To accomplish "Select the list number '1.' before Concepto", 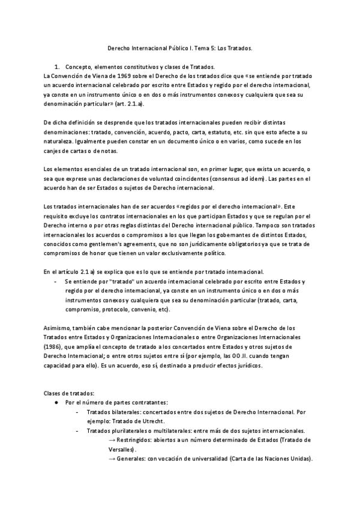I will point(57,67).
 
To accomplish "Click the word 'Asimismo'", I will point(58,328).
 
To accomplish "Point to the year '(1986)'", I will point(54,347).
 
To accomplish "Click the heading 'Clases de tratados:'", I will point(69,393).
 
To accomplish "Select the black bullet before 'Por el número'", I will point(56,402).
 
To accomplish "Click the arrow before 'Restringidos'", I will point(112,439).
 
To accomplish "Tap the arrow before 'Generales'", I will point(112,459).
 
